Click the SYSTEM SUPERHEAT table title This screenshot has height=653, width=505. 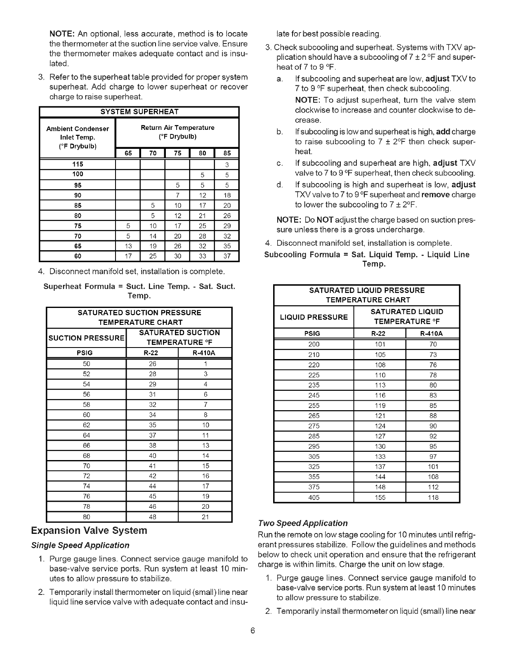point(139,112)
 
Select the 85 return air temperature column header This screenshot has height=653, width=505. point(227,153)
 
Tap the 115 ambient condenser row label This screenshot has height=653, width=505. point(78,164)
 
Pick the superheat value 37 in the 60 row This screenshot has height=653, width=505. point(227,256)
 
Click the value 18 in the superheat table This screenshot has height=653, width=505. point(227,195)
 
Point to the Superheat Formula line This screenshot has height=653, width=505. point(139,291)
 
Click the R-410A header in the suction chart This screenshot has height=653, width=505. point(205,353)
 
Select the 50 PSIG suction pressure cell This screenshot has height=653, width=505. point(86,364)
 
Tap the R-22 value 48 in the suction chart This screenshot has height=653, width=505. point(153,517)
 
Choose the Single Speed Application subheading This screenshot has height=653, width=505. point(80,545)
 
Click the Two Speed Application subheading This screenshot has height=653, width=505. point(303,523)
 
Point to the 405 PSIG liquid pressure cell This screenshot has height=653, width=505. point(314,498)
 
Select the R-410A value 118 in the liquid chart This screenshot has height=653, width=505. point(433,498)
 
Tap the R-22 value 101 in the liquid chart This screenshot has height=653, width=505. point(380,344)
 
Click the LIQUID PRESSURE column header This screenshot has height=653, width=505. point(314,317)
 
